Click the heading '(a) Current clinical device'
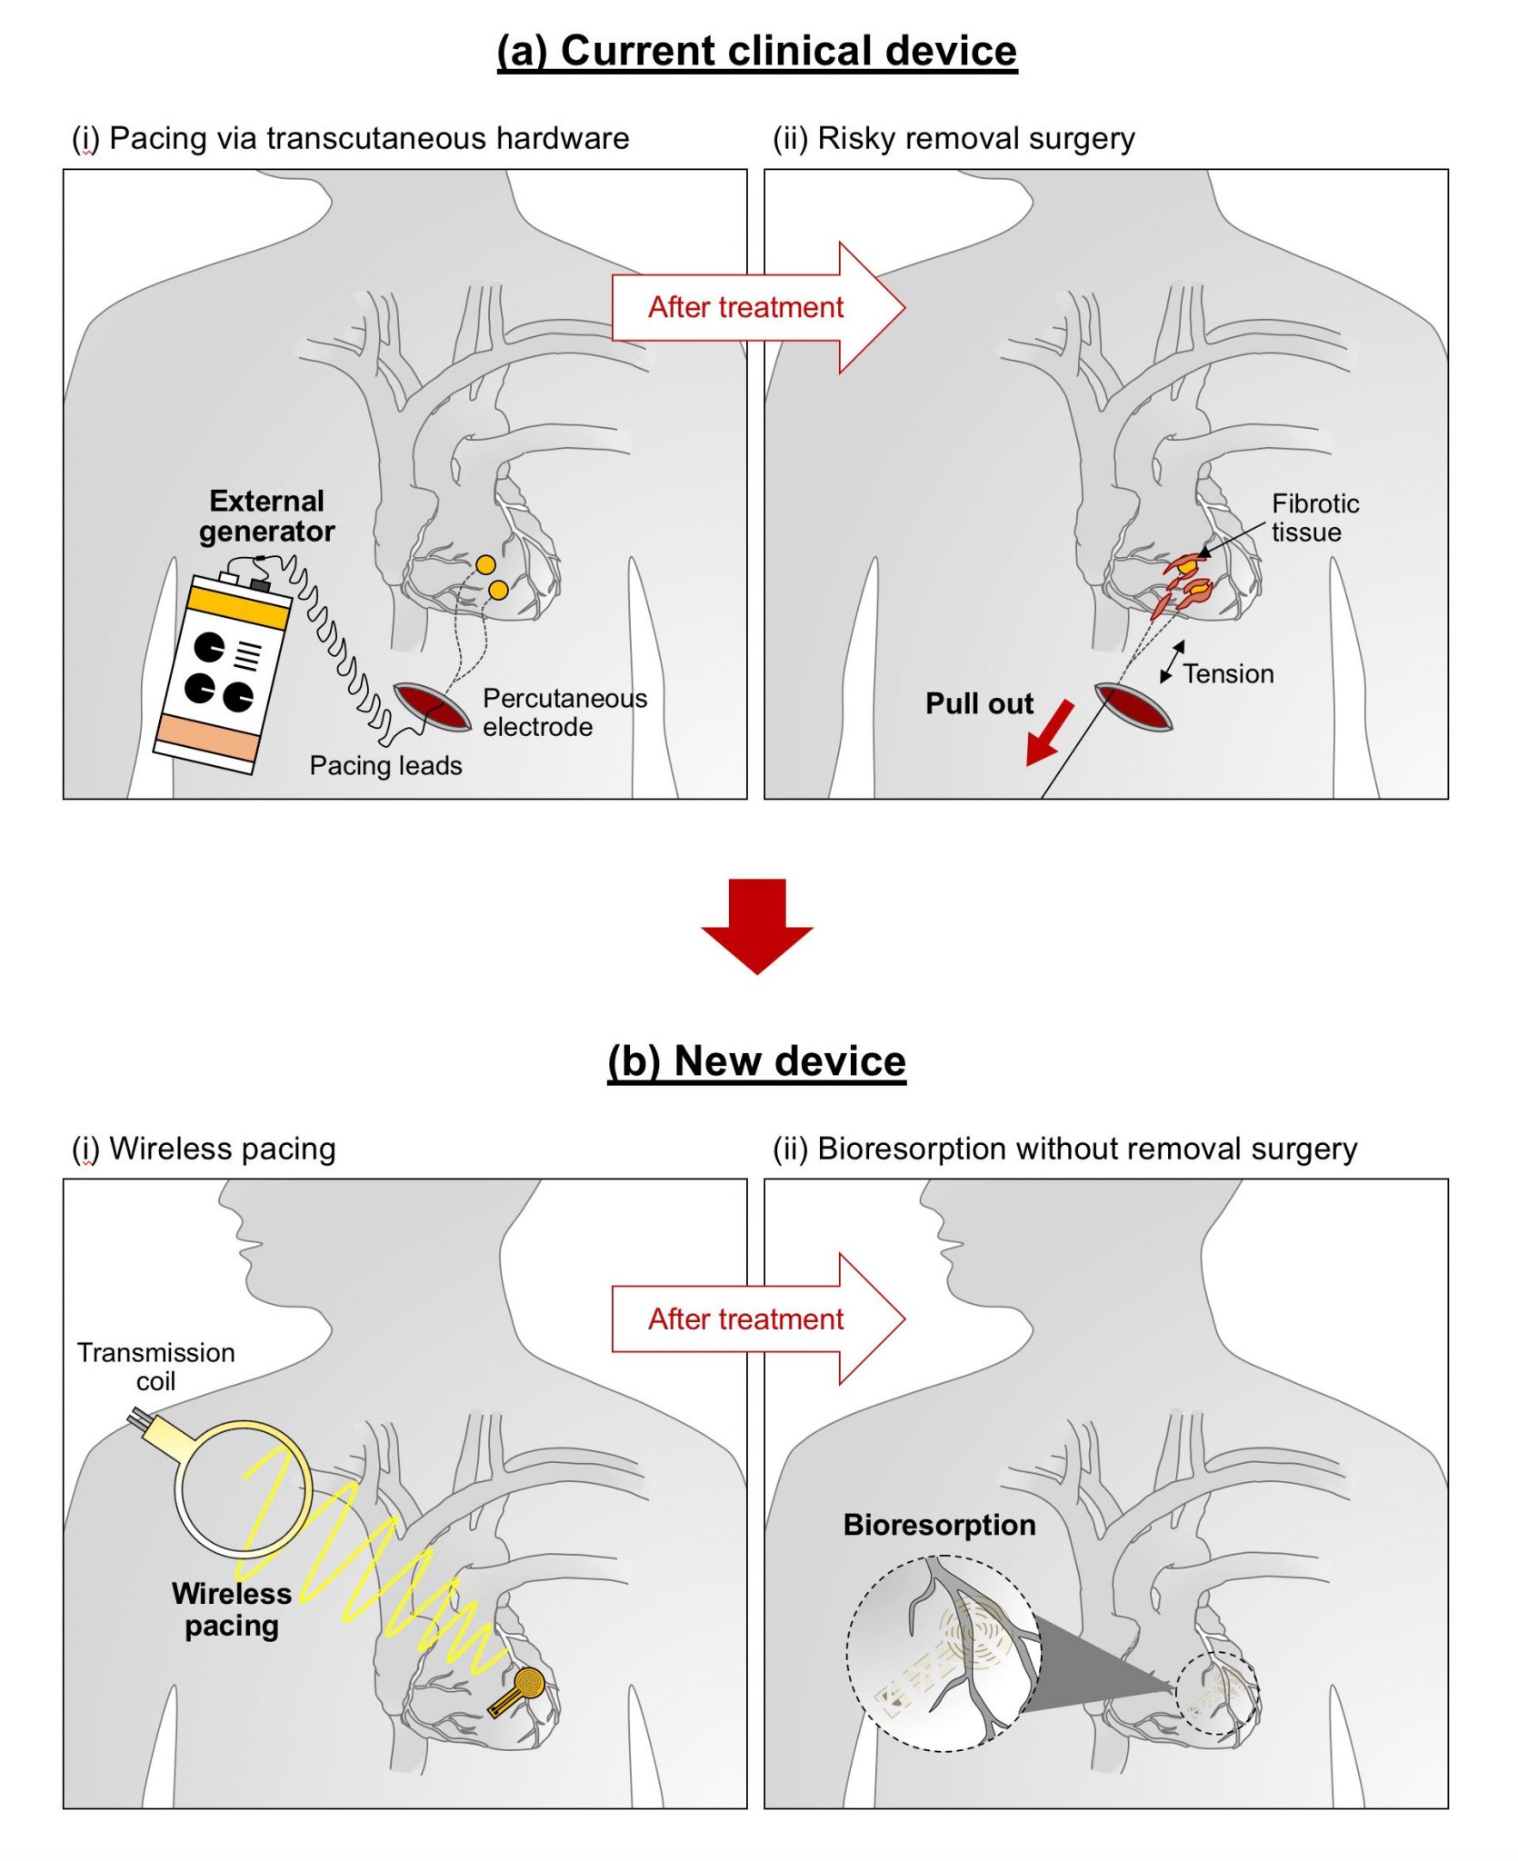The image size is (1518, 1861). coord(756,51)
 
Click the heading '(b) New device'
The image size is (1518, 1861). coord(756,1060)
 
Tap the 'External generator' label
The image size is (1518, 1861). coord(266,516)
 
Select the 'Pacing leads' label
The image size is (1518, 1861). coord(385,766)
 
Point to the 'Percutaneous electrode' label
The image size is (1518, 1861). coord(564,712)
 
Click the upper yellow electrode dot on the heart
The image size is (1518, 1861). coord(485,564)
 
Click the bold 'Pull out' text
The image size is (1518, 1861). coord(979,703)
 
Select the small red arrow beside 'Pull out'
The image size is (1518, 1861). coord(1048,734)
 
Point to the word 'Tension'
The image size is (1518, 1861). coord(1227,674)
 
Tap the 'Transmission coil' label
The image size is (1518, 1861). coord(155,1367)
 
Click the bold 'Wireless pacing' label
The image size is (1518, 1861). coord(231,1609)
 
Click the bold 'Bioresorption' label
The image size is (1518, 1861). coord(939,1525)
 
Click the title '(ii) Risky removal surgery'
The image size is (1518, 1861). coord(954,139)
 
